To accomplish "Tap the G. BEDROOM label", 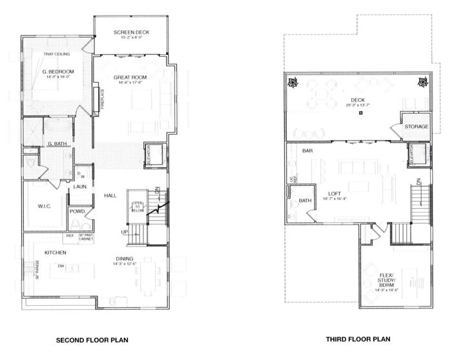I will pyautogui.click(x=58, y=71).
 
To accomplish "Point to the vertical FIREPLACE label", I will pyautogui.click(x=102, y=101).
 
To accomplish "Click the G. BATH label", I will pyautogui.click(x=57, y=143).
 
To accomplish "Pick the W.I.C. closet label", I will pyautogui.click(x=36, y=206).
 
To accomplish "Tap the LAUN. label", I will pyautogui.click(x=81, y=187).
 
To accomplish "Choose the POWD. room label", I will pyautogui.click(x=78, y=211).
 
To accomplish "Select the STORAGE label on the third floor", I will pyautogui.click(x=417, y=126).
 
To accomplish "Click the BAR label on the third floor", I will pyautogui.click(x=307, y=150).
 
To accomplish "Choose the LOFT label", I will pyautogui.click(x=334, y=193).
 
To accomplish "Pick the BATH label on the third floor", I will pyautogui.click(x=305, y=201).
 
